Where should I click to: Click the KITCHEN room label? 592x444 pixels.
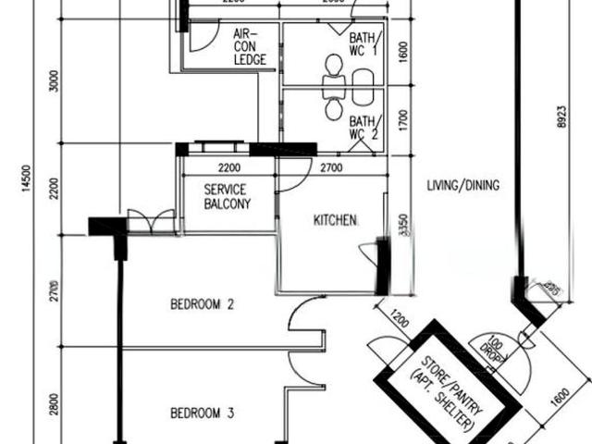click(335, 220)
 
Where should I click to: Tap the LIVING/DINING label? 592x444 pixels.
click(462, 185)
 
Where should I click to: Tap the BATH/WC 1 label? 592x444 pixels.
click(362, 43)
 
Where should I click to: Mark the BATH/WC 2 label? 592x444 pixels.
click(362, 127)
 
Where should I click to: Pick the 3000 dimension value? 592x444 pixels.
click(55, 84)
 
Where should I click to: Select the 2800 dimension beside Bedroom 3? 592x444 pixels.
click(55, 403)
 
